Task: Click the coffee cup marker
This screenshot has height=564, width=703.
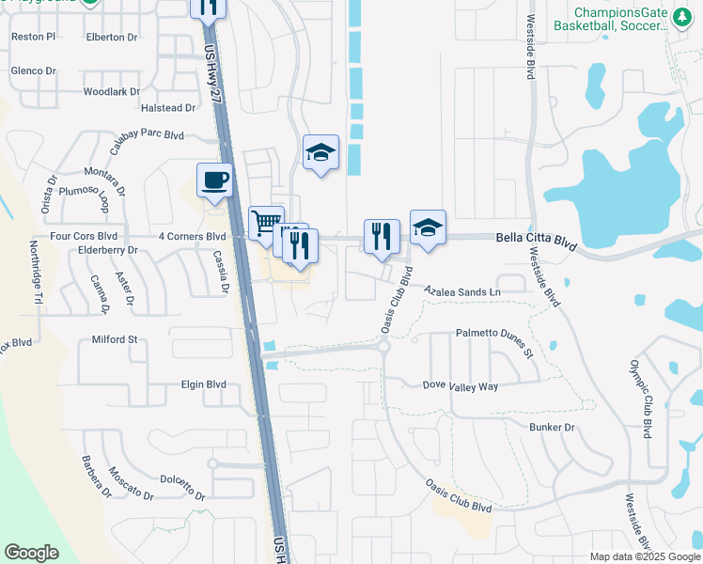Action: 215,180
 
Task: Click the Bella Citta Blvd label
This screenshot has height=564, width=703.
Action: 536,242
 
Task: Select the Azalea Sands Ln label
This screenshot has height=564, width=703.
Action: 462,292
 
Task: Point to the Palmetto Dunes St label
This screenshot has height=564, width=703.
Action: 494,342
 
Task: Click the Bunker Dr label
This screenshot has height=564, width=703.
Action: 552,427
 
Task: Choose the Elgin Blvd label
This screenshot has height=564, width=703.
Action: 204,384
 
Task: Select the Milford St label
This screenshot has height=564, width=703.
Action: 115,339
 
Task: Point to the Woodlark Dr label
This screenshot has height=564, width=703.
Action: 111,92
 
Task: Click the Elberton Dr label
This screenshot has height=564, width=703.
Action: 111,38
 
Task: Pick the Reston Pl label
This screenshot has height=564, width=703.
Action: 34,37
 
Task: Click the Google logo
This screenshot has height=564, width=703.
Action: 31,553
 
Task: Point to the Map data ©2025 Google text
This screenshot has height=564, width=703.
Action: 645,556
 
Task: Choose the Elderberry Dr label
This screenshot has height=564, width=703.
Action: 108,251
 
